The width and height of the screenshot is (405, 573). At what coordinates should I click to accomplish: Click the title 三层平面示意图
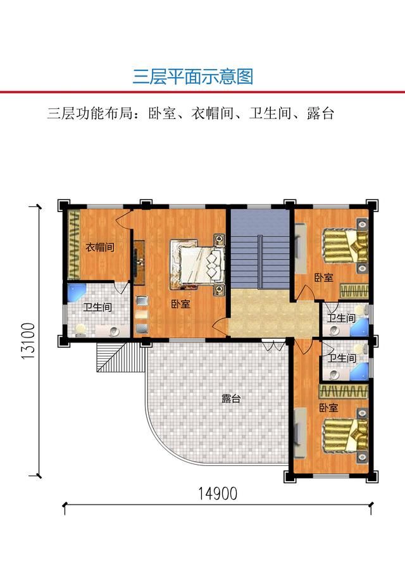pos(192,77)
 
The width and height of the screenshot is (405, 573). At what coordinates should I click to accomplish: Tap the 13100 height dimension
pos(28,341)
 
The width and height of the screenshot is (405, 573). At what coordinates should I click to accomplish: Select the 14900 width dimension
pos(218,493)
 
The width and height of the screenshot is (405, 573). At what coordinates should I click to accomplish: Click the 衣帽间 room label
pos(100,247)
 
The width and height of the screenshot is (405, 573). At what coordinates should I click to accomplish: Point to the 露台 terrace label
pos(231,398)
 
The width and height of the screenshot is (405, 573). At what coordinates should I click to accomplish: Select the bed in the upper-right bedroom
pos(344,246)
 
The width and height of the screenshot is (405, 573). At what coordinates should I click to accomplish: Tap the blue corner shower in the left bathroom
pos(76,293)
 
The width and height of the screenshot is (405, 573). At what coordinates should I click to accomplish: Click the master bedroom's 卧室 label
pos(181,304)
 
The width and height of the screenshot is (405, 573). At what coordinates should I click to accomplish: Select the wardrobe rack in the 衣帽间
pos(74,244)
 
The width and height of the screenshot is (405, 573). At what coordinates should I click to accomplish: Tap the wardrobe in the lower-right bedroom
pos(344,392)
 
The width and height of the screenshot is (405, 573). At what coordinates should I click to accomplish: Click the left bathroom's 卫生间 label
pos(97,307)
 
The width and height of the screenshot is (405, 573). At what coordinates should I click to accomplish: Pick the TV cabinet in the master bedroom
pos(139,262)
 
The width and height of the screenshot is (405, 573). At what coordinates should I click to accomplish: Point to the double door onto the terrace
pos(273,345)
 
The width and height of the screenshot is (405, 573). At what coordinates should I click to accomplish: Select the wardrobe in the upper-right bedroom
pos(354,291)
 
